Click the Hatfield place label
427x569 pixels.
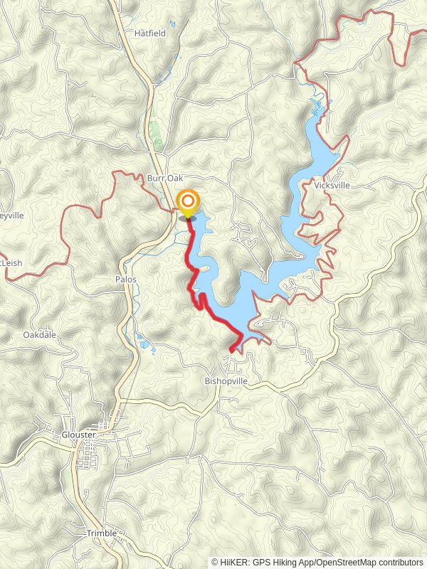[x=149, y=33]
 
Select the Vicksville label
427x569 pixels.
[x=332, y=185]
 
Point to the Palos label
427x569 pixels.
[x=125, y=280]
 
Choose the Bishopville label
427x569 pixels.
[x=226, y=381]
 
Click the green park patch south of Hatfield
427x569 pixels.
[x=155, y=135]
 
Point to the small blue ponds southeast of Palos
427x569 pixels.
[x=146, y=346]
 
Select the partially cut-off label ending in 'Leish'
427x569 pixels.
[x=11, y=262]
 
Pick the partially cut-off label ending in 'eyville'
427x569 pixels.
[x=12, y=215]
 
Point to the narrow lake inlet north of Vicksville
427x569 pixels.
[x=317, y=107]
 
